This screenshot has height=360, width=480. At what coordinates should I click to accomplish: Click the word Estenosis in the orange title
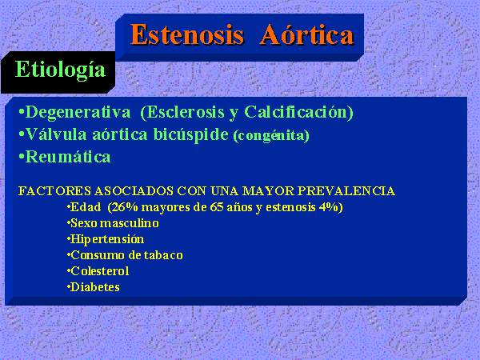[186, 34]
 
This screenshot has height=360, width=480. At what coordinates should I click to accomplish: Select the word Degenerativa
[78, 112]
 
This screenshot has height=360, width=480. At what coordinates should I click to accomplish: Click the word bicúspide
[190, 135]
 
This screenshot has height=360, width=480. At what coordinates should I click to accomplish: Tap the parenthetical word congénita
[271, 136]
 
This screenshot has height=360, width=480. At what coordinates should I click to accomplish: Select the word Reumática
[68, 157]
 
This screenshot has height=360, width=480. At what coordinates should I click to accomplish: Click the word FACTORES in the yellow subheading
[54, 190]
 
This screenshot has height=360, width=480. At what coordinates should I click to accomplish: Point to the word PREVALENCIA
[346, 190]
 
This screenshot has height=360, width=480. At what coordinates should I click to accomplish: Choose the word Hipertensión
[107, 239]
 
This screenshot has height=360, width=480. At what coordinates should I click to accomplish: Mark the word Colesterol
[99, 271]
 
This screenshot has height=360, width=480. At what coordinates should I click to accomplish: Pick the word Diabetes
[95, 287]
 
